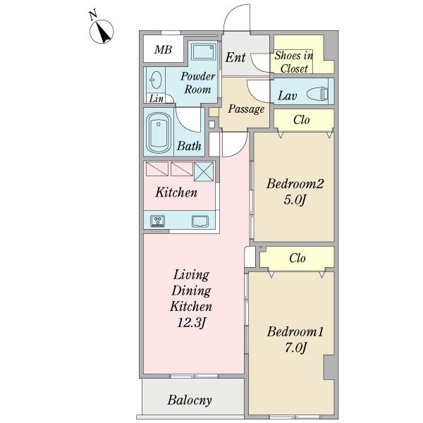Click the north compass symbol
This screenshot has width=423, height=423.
pos(102,32)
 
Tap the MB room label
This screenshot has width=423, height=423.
pos(164,49)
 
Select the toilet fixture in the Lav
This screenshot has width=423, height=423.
pos(318,94)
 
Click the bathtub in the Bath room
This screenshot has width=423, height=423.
pos(159,133)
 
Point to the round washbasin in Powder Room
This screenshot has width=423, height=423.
pos(156,80)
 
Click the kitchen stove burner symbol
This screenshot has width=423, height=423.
pos(157,221)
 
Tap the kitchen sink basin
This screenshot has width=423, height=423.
pos(200,221)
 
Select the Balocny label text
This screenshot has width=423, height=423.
pos(190,400)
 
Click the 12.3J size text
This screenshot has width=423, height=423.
pos(192,322)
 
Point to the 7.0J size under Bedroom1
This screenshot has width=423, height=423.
pos(295,348)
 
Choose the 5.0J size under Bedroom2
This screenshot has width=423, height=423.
pos(295,200)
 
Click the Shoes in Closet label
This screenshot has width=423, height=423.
pos(294,62)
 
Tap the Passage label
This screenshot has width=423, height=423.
pos(246,109)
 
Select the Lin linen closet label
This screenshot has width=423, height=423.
pos(157,99)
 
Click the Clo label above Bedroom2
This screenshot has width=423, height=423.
pos(302,120)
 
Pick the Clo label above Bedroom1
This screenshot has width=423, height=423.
pos(298,258)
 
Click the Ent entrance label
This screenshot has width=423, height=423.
pos(235,57)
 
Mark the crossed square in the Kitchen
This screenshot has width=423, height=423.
pos(204,172)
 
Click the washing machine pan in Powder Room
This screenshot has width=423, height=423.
pos(204,51)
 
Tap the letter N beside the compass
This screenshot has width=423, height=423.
pos(93,15)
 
